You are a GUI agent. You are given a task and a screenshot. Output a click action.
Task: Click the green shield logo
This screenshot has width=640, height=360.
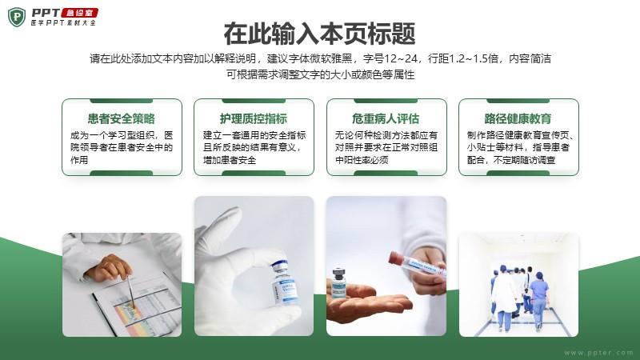pos(16,17)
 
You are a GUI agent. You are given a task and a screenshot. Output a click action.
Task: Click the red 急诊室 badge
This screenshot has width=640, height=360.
pos(79,13)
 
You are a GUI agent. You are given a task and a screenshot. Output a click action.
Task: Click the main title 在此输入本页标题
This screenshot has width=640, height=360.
pos(319,34)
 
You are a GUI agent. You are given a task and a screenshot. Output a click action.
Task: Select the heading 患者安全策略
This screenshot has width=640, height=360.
pos(122,118)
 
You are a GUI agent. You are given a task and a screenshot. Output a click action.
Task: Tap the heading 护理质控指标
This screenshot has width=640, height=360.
pos(254,118)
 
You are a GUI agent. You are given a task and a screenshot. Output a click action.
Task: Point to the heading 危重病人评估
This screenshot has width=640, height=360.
pos(386,118)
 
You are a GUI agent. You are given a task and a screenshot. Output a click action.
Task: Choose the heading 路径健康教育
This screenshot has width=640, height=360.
pos(518,118)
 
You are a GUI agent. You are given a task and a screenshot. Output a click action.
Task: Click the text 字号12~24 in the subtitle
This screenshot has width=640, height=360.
pos(390,58)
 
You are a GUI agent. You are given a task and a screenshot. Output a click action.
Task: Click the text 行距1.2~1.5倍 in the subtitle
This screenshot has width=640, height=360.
pos(463,58)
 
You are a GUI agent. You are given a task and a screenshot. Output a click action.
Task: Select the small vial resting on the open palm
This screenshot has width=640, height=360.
pos(338,282)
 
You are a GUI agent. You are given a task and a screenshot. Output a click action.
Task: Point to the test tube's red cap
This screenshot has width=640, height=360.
pos(395,257)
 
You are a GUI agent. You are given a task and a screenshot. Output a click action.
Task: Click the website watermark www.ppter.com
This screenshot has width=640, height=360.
pos(598,352)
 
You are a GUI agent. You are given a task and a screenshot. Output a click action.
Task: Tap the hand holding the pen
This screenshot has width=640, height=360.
pos(108,267)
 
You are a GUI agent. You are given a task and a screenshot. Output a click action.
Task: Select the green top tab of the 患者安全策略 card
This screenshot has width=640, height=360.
pos(122,101)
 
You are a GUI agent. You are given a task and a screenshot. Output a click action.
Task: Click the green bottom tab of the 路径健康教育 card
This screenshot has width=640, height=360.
pos(518,173)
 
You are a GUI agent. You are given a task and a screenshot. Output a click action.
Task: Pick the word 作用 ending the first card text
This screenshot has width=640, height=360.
pos(78,160)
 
